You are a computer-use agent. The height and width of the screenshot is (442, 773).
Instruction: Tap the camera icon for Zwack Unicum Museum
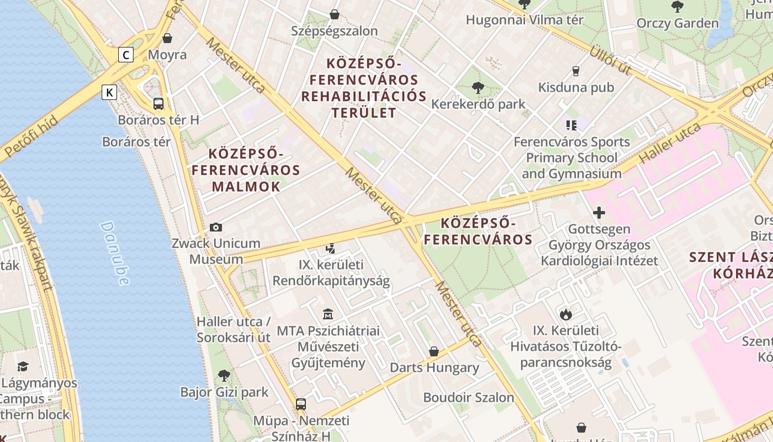tap(216, 227)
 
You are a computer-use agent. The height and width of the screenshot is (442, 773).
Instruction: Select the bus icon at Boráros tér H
tap(158, 103)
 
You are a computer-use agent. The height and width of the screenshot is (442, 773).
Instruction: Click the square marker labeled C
tap(126, 55)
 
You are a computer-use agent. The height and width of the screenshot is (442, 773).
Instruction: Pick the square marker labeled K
tap(109, 92)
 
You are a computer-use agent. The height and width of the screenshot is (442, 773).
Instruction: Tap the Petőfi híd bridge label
tap(30, 136)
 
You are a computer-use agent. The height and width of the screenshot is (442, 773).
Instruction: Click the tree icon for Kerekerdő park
tap(478, 87)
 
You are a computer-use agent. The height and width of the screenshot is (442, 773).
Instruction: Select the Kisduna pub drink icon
tap(576, 71)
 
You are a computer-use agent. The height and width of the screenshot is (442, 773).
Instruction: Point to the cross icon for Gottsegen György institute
tap(599, 213)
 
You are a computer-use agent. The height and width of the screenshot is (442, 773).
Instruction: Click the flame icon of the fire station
tap(565, 314)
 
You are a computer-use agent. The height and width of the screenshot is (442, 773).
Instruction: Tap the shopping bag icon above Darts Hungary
tap(434, 351)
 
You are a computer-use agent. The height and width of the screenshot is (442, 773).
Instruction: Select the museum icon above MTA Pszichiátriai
tap(328, 314)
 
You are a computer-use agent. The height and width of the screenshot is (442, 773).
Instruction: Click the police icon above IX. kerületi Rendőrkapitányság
tap(331, 249)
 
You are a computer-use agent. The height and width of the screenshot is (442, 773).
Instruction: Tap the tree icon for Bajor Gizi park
tap(224, 376)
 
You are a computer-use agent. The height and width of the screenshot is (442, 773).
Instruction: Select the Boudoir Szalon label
tap(468, 397)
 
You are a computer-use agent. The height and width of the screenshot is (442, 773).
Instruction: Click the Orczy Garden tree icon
tap(677, 7)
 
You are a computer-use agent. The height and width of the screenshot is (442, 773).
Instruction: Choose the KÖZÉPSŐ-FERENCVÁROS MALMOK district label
tap(246, 170)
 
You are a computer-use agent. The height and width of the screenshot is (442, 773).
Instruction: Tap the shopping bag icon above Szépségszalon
tap(334, 14)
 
